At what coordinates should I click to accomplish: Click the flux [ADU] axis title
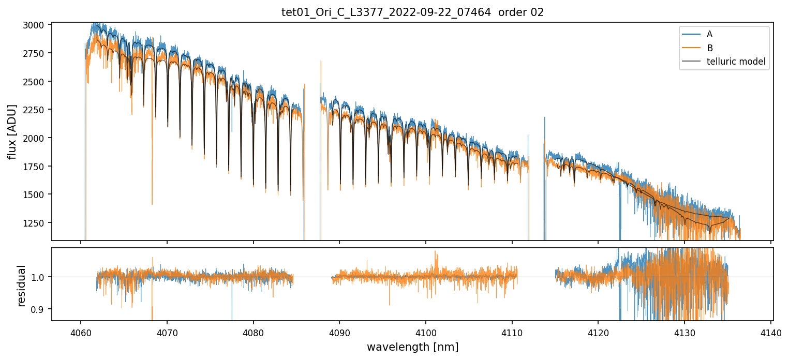click(12, 131)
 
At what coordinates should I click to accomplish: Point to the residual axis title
click(22, 286)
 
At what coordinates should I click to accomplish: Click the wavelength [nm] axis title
click(412, 347)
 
